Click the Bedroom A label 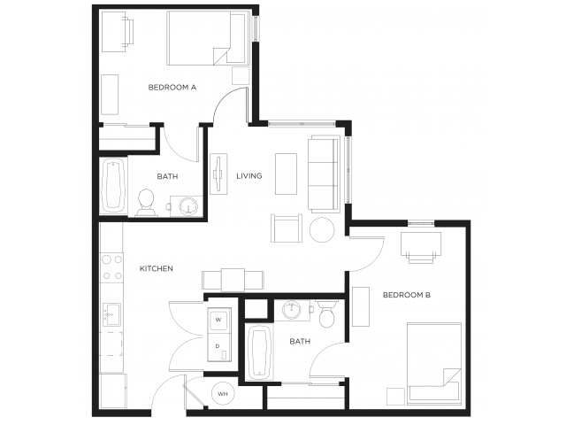coord(172,87)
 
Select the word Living coord(249,175)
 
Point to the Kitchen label coord(156,268)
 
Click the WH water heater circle coord(222,394)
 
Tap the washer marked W coord(218,319)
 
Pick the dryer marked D coord(218,345)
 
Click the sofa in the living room coord(323,174)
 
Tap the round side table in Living coord(322,229)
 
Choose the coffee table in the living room coord(286,174)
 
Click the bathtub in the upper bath coord(112,186)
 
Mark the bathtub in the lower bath coord(258,352)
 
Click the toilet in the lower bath coord(326,314)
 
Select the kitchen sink coord(111,313)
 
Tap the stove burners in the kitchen coord(111,267)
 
